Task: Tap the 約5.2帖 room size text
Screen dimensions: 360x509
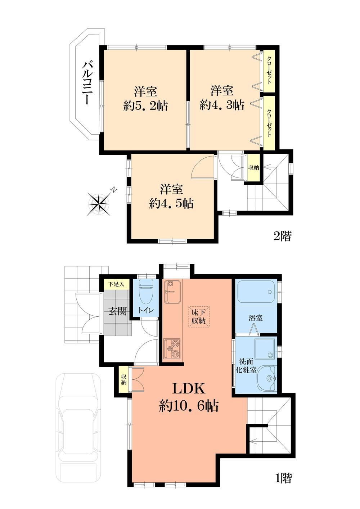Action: [x=146, y=106]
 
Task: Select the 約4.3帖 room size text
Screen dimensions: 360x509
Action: [x=222, y=105]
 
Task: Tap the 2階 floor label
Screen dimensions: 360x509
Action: [x=282, y=236]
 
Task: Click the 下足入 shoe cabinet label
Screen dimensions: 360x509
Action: [x=116, y=284]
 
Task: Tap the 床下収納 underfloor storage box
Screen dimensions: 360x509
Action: [x=199, y=316]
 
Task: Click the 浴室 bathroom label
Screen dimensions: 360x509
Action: [x=256, y=317]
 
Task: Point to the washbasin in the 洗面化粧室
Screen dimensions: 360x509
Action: [x=266, y=379]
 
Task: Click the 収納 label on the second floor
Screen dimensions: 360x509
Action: [x=253, y=168]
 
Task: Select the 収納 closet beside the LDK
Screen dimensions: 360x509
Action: [x=123, y=379]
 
